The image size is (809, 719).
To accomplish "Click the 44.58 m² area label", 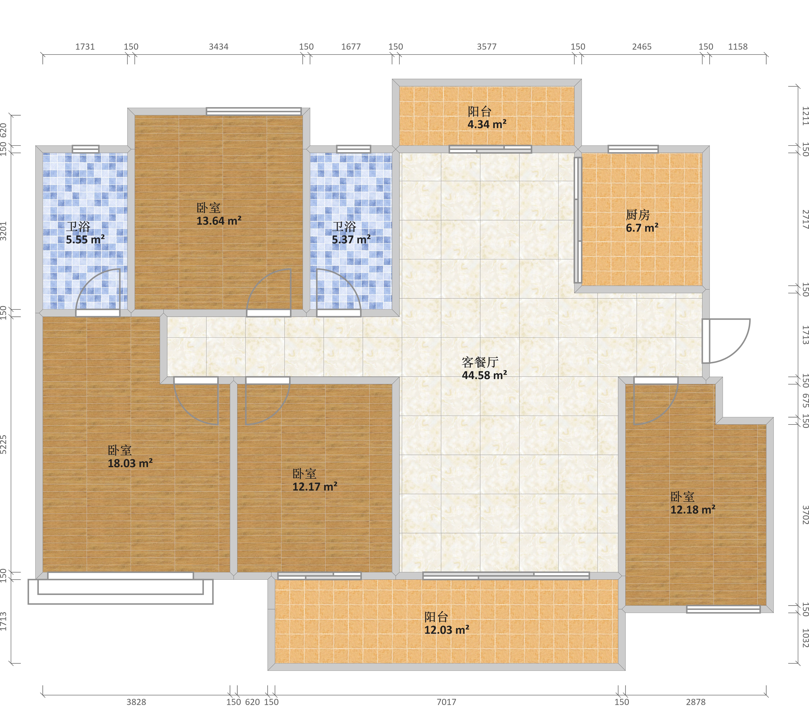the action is (485, 375).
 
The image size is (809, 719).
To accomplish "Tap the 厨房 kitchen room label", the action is (638, 215).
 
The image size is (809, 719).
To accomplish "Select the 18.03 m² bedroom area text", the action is (130, 463).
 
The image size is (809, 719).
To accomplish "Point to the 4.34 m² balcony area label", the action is (487, 124).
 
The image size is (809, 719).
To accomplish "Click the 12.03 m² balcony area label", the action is (447, 630).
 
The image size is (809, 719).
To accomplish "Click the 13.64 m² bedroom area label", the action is (219, 221).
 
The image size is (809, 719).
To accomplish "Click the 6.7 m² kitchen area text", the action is (642, 228).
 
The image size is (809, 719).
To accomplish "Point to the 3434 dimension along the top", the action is (218, 47).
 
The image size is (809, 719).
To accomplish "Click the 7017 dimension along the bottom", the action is (446, 702).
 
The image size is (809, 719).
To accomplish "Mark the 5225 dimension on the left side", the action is (4, 444).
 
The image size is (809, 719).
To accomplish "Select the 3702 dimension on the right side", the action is (805, 515).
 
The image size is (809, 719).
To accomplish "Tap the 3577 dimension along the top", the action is (486, 47).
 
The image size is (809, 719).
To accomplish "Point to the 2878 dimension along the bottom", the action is (696, 702).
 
